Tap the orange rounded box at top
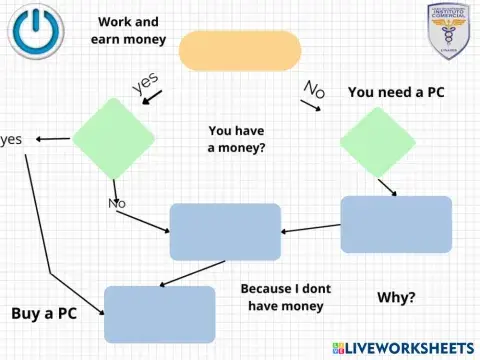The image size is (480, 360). coord(239,49)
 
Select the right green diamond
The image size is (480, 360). coord(377,141)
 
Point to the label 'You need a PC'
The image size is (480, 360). coord(396,92)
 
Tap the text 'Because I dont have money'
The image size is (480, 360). coord(285,297)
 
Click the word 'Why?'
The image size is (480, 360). coord(397,298)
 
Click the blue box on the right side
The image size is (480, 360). coord(396,224)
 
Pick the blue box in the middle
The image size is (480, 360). coord(224,231)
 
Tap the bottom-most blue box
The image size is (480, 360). coord(159,314)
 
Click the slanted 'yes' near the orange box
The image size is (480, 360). coord(147,84)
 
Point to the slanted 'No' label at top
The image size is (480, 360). coord(314,91)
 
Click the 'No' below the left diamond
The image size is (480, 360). coord(117,204)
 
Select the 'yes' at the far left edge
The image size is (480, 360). coord(12,139)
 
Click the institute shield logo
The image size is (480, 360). coord(447,30)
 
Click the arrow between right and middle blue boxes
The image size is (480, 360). coord(310,230)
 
